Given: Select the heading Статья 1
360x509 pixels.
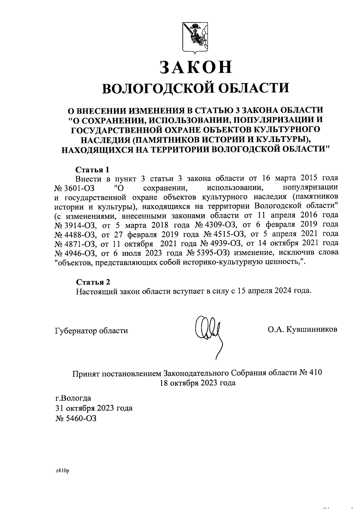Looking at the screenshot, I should pyautogui.click(x=92, y=169).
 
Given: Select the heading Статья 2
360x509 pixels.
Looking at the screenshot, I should pyautogui.click(x=93, y=282).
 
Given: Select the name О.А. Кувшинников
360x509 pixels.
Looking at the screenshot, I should pyautogui.click(x=303, y=329).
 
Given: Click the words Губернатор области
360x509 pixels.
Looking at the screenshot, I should pyautogui.click(x=91, y=331).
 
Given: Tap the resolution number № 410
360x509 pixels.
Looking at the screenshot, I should pyautogui.click(x=310, y=373).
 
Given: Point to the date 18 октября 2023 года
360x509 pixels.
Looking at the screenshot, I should pyautogui.click(x=198, y=383).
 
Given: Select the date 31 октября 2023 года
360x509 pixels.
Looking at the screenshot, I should pyautogui.click(x=94, y=408).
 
